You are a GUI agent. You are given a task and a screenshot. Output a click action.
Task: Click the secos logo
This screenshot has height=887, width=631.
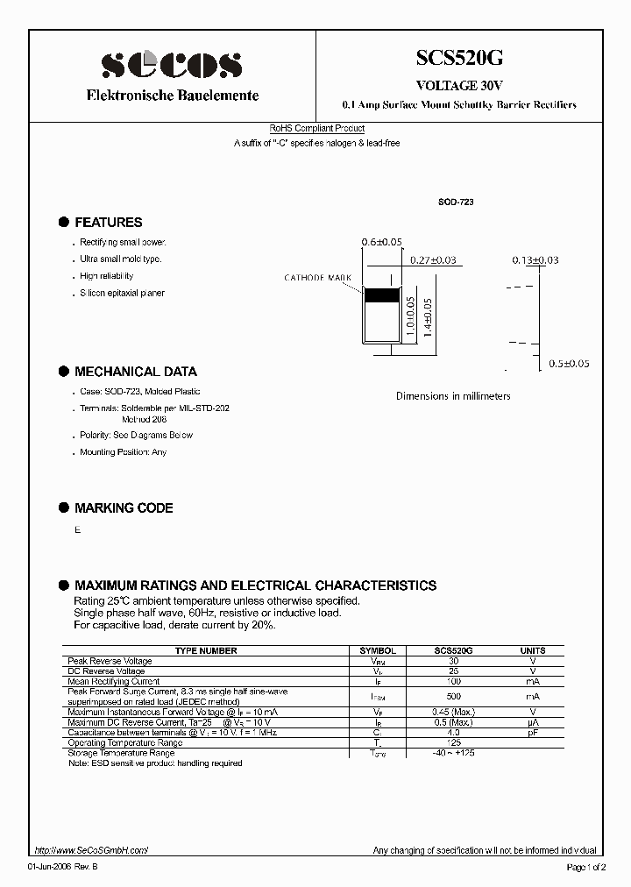click(171, 66)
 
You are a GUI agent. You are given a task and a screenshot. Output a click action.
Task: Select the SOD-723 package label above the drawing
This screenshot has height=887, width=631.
click(456, 202)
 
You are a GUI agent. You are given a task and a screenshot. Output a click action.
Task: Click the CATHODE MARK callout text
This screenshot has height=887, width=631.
click(316, 278)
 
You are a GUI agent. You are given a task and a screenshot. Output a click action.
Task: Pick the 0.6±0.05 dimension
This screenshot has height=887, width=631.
click(381, 242)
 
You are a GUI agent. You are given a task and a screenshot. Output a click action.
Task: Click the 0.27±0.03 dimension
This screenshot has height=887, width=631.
click(433, 260)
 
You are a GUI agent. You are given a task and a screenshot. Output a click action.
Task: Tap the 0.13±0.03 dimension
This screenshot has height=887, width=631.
click(535, 260)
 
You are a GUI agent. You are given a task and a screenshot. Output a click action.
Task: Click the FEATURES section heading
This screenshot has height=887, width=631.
click(108, 223)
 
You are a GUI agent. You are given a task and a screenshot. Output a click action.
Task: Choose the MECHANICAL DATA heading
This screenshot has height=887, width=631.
click(135, 372)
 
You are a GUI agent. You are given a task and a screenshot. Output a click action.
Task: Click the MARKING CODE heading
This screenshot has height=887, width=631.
click(124, 508)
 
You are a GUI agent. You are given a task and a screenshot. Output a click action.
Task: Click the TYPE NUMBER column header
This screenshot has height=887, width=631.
click(206, 651)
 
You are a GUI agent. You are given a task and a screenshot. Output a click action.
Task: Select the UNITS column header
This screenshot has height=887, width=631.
click(532, 651)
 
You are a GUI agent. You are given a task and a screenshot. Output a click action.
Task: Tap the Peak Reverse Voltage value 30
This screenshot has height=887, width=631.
click(453, 661)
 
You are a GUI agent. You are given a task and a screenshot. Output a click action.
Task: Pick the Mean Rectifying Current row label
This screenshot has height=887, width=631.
click(113, 681)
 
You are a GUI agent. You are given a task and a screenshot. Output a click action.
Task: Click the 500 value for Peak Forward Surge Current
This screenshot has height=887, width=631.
click(453, 696)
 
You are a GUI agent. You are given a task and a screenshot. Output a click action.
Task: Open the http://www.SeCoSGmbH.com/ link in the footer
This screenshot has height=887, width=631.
click(91, 850)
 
